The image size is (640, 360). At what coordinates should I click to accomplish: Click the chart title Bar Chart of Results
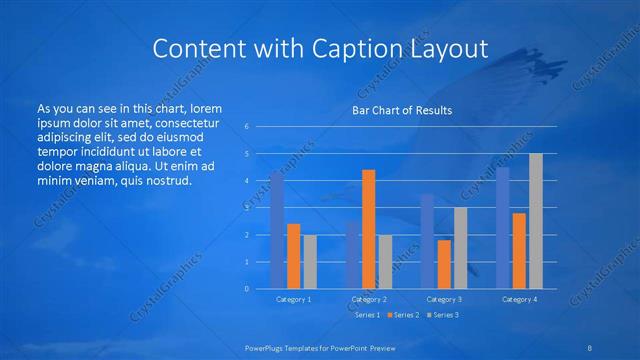click(x=402, y=110)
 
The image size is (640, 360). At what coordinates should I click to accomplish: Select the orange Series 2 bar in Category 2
click(x=368, y=229)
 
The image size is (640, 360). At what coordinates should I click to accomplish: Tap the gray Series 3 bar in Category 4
click(x=536, y=221)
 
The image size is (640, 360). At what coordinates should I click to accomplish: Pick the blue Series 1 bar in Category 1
click(x=277, y=230)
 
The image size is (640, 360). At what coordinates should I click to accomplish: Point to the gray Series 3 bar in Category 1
click(x=310, y=262)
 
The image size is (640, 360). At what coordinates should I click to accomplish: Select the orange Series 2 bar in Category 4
click(x=519, y=250)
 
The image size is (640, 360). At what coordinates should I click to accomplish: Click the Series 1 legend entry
click(x=367, y=315)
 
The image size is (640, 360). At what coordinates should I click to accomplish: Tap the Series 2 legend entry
click(x=403, y=315)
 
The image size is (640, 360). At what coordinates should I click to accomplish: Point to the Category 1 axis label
click(x=294, y=299)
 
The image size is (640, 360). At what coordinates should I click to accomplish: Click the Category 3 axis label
click(x=444, y=299)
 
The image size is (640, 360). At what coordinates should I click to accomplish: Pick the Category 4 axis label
click(x=519, y=299)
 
